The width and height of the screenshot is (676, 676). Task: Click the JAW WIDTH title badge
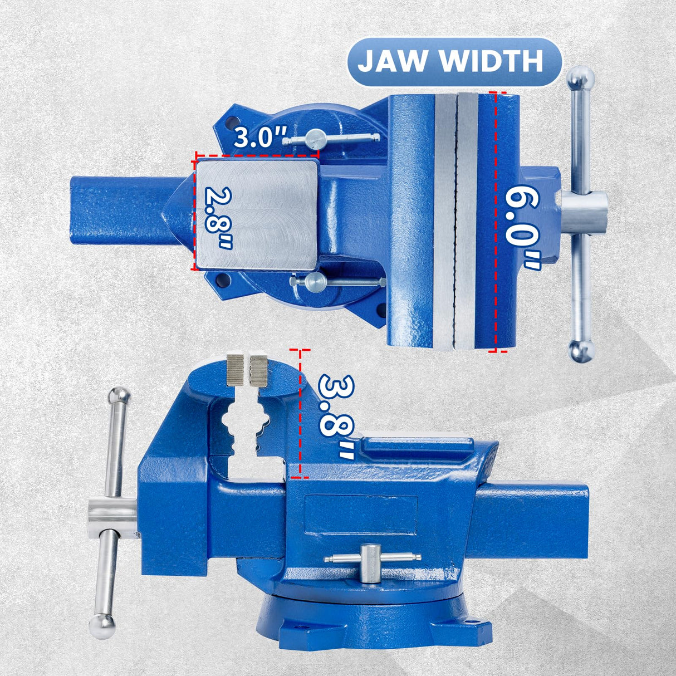click(x=450, y=61)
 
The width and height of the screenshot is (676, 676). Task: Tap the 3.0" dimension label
click(x=260, y=136)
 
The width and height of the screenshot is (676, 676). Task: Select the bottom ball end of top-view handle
click(x=581, y=350)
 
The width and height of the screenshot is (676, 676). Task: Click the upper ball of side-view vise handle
click(x=119, y=396)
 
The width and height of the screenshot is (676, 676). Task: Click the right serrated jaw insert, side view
click(x=259, y=371)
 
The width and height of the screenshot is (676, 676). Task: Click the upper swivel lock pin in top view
click(x=317, y=137)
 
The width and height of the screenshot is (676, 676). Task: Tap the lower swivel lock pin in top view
click(x=315, y=281)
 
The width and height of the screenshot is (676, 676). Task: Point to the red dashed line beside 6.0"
click(x=495, y=223)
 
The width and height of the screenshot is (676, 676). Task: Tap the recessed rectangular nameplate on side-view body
click(x=361, y=516)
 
